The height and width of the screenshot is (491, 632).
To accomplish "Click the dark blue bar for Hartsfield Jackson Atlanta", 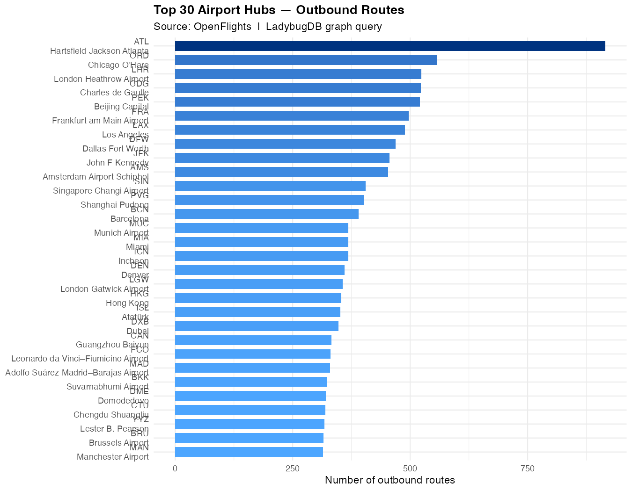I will [x=389, y=46].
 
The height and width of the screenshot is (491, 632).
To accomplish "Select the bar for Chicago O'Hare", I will [x=306, y=60].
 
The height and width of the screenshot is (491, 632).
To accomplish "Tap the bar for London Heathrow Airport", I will [x=298, y=74].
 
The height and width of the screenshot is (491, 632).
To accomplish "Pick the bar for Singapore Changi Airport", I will [x=270, y=186].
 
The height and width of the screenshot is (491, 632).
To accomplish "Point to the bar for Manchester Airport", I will [x=249, y=452].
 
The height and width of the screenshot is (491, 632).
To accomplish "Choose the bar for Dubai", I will [x=257, y=326].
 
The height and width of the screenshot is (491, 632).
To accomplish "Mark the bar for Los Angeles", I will [x=290, y=130].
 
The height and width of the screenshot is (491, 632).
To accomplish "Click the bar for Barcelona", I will [x=266, y=214].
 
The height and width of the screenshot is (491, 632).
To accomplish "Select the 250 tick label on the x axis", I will [x=293, y=469].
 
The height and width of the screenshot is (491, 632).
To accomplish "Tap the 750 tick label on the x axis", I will [x=528, y=469].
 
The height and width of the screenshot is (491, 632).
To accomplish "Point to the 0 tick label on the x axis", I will [x=175, y=469].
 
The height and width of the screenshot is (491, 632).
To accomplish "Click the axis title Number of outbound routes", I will [x=389, y=480].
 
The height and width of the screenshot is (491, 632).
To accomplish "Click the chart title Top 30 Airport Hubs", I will [x=279, y=10].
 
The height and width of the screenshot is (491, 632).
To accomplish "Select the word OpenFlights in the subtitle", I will [x=222, y=27].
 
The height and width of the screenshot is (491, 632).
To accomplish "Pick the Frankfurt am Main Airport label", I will [x=100, y=121].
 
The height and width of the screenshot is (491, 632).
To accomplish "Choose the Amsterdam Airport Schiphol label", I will [x=96, y=177].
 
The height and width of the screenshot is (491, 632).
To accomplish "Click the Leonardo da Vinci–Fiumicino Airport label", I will [x=80, y=359].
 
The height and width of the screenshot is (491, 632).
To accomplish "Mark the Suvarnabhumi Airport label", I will [x=107, y=387].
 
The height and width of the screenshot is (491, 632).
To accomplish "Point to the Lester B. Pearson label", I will [x=114, y=429].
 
